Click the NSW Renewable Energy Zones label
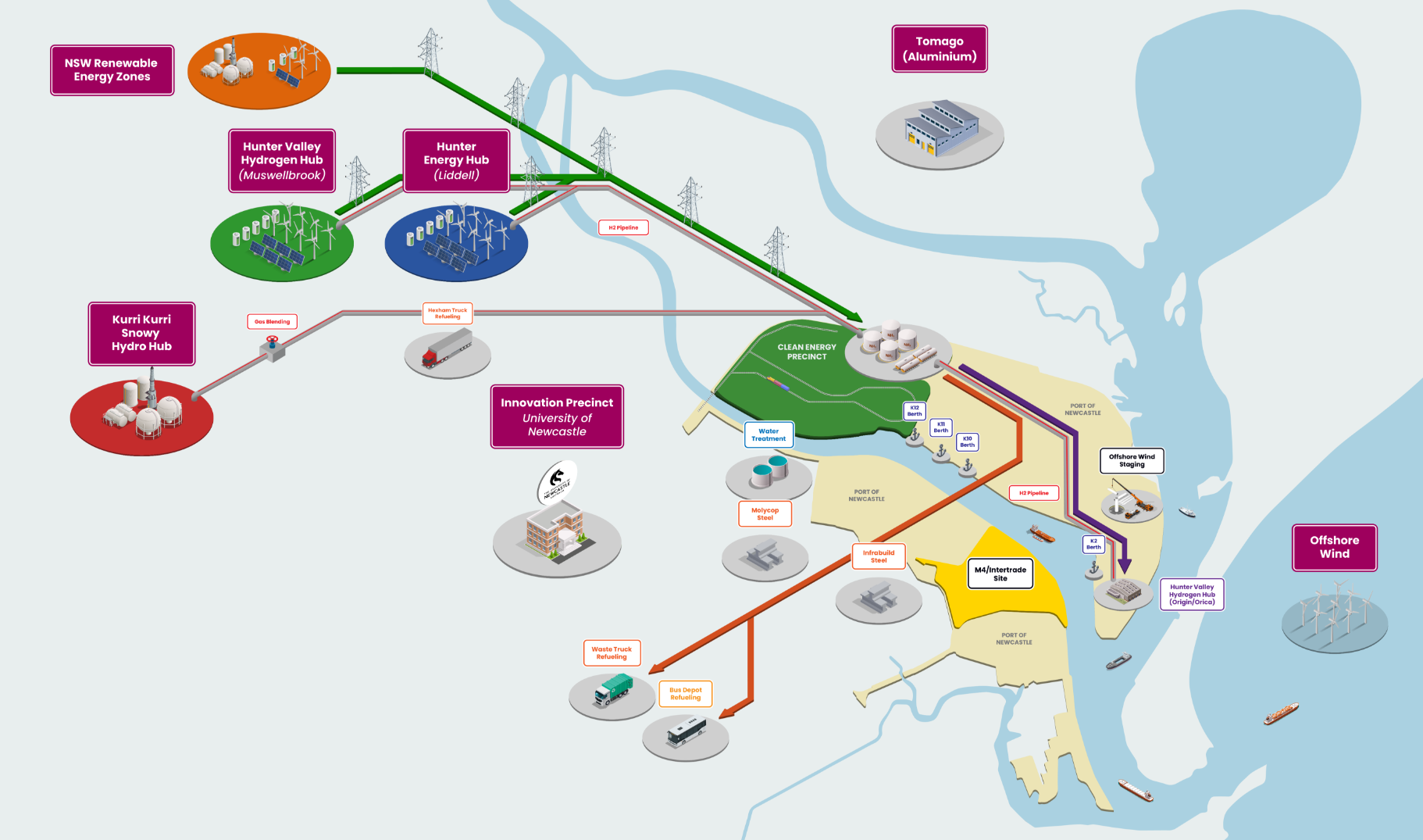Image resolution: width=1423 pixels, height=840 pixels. pyautogui.click(x=112, y=70)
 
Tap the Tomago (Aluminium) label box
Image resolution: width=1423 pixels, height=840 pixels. pyautogui.click(x=940, y=48)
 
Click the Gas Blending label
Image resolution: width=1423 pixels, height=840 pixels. pyautogui.click(x=272, y=322)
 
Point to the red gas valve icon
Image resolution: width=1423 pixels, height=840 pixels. pyautogui.click(x=272, y=342)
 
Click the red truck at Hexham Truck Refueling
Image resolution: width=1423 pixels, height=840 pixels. pyautogui.click(x=447, y=349)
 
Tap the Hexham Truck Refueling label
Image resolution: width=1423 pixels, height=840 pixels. pyautogui.click(x=448, y=313)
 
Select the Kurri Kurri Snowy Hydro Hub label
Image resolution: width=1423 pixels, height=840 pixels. pyautogui.click(x=141, y=334)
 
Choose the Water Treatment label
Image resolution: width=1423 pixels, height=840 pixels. pyautogui.click(x=769, y=435)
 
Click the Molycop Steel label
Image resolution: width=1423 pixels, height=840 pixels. pyautogui.click(x=765, y=514)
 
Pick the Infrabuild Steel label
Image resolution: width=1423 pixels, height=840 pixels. pyautogui.click(x=879, y=556)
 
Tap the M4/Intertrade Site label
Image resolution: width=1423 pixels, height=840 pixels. pyautogui.click(x=1000, y=574)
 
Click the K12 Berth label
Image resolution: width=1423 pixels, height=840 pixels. pyautogui.click(x=915, y=411)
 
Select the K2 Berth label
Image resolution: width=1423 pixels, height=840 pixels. pyautogui.click(x=1093, y=544)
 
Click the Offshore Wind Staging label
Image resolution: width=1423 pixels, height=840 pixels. pyautogui.click(x=1132, y=461)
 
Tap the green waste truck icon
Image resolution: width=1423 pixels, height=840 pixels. pyautogui.click(x=613, y=691)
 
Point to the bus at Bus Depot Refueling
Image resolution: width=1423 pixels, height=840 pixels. pyautogui.click(x=687, y=733)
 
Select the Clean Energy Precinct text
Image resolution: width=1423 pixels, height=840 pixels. pyautogui.click(x=807, y=352)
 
